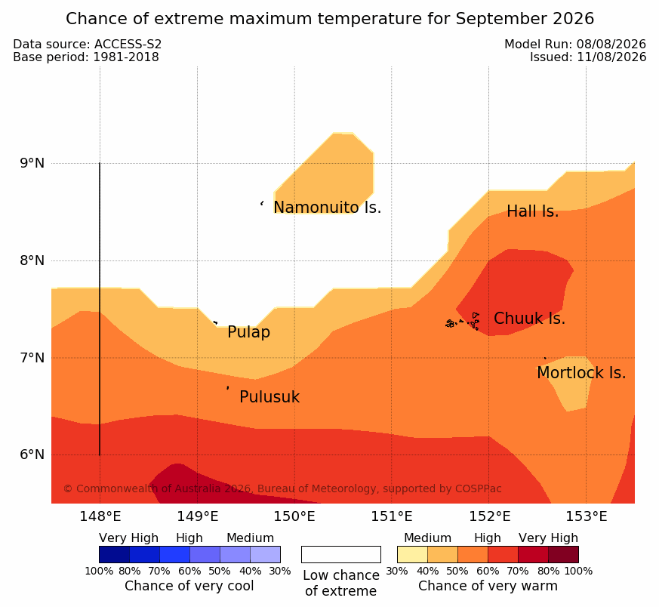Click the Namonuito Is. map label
click(328, 207)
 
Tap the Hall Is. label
click(532, 211)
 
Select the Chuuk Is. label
click(529, 318)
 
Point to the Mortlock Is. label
click(581, 372)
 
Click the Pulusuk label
click(269, 397)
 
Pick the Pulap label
click(249, 332)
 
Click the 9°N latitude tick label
click(32, 163)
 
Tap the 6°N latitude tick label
click(32, 454)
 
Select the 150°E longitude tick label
click(294, 516)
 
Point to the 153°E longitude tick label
click(586, 516)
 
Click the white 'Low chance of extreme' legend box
click(341, 554)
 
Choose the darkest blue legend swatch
click(114, 554)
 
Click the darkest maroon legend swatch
click(563, 554)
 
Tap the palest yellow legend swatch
click(412, 554)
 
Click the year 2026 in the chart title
click(573, 19)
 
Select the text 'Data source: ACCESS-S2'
click(88, 44)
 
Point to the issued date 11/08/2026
click(611, 57)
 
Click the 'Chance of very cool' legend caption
click(189, 586)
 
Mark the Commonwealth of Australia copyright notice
click(282, 488)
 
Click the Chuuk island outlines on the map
click(463, 322)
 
